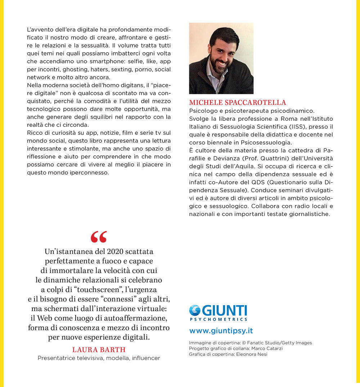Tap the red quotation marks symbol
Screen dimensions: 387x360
click(x=99, y=237)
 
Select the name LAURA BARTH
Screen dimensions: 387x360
click(x=99, y=350)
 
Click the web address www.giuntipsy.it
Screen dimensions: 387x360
click(x=221, y=331)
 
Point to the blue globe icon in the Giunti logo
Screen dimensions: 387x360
click(x=195, y=311)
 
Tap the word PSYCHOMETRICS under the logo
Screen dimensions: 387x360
click(x=219, y=319)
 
